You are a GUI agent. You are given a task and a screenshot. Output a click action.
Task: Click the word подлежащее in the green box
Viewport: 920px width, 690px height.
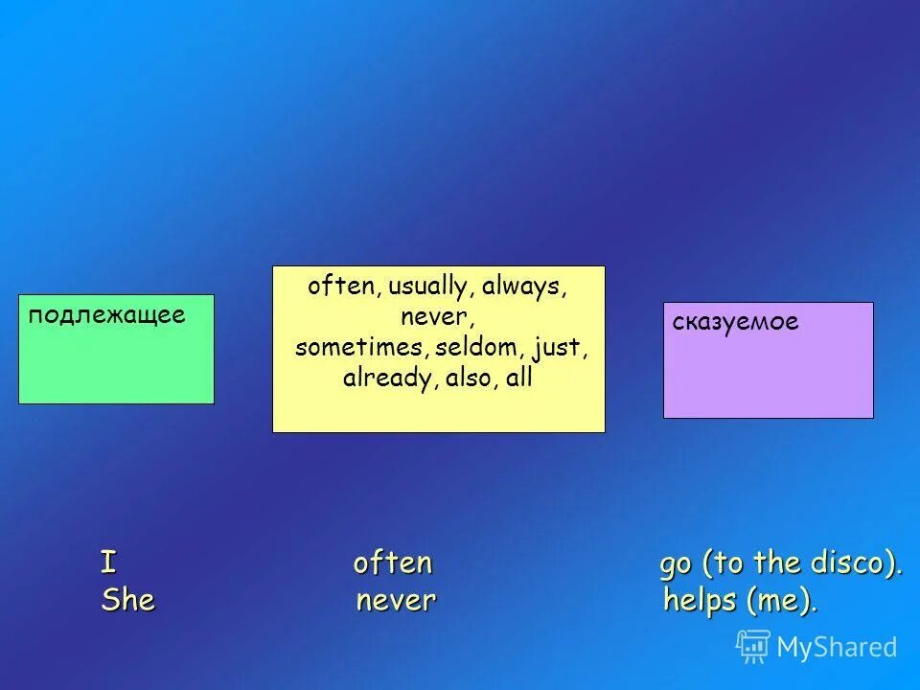(106, 315)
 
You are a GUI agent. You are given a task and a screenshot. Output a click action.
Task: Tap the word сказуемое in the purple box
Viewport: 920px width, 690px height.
(735, 322)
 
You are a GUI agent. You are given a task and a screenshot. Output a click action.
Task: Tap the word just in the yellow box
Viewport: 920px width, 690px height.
(558, 347)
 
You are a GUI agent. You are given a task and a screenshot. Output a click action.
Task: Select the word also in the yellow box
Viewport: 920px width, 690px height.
(469, 378)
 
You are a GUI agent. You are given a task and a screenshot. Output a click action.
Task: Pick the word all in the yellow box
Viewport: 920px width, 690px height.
(518, 378)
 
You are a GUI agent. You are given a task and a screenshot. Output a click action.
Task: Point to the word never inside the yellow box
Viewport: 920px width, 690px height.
(438, 316)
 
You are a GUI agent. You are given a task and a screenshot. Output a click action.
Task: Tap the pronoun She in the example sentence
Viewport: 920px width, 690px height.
(127, 601)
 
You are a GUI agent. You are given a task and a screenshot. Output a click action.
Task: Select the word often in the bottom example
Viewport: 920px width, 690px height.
(393, 563)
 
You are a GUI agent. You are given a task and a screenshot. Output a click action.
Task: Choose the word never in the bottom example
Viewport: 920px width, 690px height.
(396, 601)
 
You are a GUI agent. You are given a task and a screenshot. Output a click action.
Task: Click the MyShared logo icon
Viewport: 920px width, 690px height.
(753, 647)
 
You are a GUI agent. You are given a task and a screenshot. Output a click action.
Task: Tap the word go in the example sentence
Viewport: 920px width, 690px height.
(675, 565)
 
